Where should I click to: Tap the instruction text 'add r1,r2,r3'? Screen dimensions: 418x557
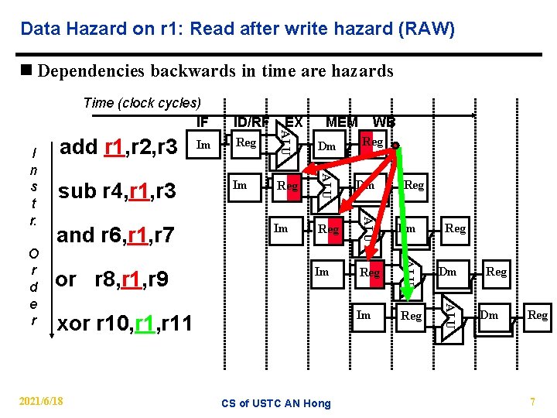pyautogui.click(x=118, y=146)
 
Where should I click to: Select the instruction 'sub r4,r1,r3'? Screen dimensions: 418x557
pyautogui.click(x=118, y=190)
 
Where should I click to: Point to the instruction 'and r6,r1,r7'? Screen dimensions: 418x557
pyautogui.click(x=116, y=235)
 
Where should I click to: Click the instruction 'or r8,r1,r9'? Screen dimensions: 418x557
pyautogui.click(x=113, y=278)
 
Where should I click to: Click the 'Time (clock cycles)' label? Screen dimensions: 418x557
pyautogui.click(x=142, y=102)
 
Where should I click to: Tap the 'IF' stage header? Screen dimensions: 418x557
pyautogui.click(x=202, y=122)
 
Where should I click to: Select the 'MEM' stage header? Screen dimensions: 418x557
pyautogui.click(x=341, y=122)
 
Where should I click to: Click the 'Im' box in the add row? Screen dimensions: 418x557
pyautogui.click(x=203, y=144)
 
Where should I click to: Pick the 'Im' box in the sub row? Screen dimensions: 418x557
pyautogui.click(x=241, y=185)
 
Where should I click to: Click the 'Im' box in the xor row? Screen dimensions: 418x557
pyautogui.click(x=363, y=314)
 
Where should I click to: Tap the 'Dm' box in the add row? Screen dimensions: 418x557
pyautogui.click(x=327, y=146)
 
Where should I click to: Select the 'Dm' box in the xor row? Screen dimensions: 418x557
pyautogui.click(x=489, y=315)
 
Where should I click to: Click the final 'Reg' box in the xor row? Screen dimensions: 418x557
pyautogui.click(x=537, y=315)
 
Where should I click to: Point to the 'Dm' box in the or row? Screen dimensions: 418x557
pyautogui.click(x=448, y=272)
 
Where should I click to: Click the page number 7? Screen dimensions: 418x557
pyautogui.click(x=532, y=402)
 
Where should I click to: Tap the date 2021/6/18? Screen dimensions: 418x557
pyautogui.click(x=42, y=401)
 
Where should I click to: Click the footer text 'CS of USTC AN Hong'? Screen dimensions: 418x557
pyautogui.click(x=276, y=403)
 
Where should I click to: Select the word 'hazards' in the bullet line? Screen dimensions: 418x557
pyautogui.click(x=357, y=71)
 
